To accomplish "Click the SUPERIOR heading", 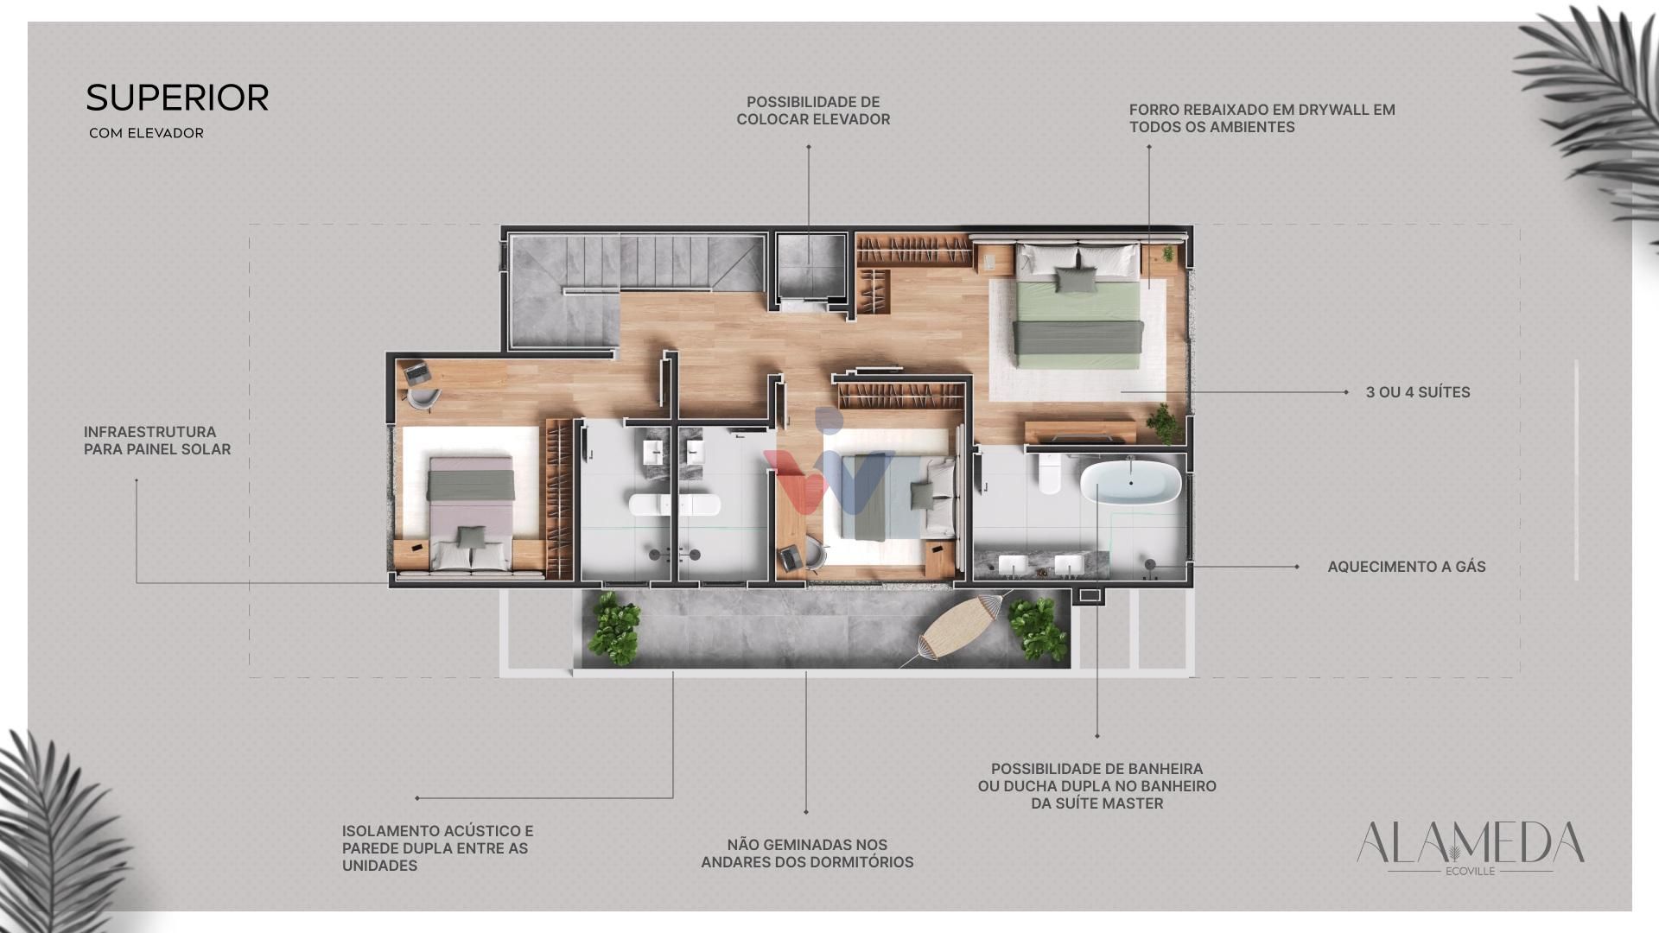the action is pos(177,98).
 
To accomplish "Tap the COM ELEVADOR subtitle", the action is pos(146,133).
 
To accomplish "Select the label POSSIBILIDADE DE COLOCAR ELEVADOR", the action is pos(813,111).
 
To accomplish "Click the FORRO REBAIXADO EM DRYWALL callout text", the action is pos(1262,118).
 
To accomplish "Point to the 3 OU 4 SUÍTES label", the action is pos(1418,392).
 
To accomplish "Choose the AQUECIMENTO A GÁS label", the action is pos(1407,567).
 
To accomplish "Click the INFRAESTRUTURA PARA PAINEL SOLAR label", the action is pos(157,441).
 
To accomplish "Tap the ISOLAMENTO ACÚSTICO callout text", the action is pos(437,848).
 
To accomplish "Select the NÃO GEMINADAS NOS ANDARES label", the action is pos(807,854).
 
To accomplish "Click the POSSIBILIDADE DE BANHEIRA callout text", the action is pos(1097,786).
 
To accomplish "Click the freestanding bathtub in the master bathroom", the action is pos(1130,484).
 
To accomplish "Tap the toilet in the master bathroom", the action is pos(1049,473).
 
